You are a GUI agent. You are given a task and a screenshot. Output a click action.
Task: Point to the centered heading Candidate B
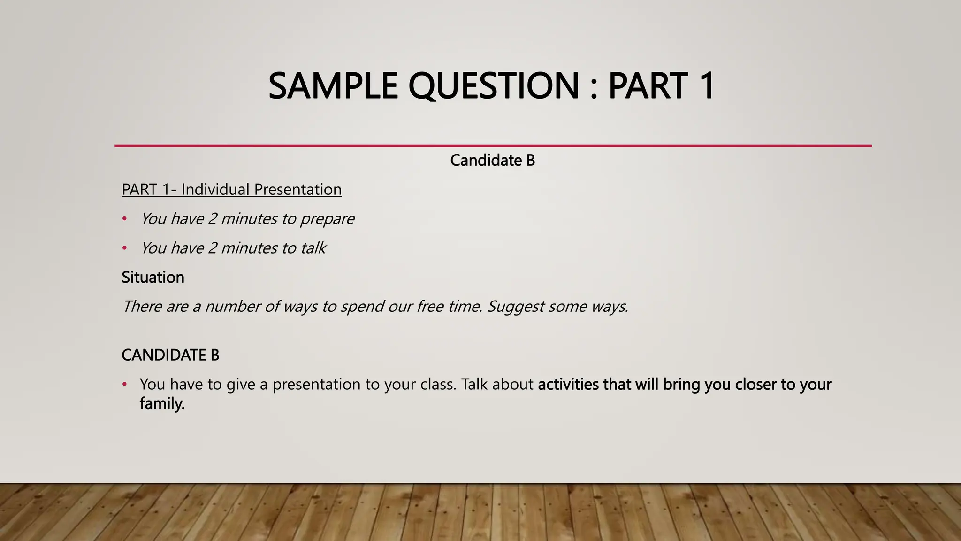492,161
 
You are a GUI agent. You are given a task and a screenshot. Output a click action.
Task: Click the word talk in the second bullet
313,248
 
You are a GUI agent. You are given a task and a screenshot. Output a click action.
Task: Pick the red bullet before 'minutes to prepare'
124,219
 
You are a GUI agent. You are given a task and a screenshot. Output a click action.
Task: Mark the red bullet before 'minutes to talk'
124,248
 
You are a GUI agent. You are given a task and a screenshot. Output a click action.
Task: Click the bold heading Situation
153,277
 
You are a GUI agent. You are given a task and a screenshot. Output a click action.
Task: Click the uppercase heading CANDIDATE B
170,355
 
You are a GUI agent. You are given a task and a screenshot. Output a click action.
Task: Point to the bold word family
162,404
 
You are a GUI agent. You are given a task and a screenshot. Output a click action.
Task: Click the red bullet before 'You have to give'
124,384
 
